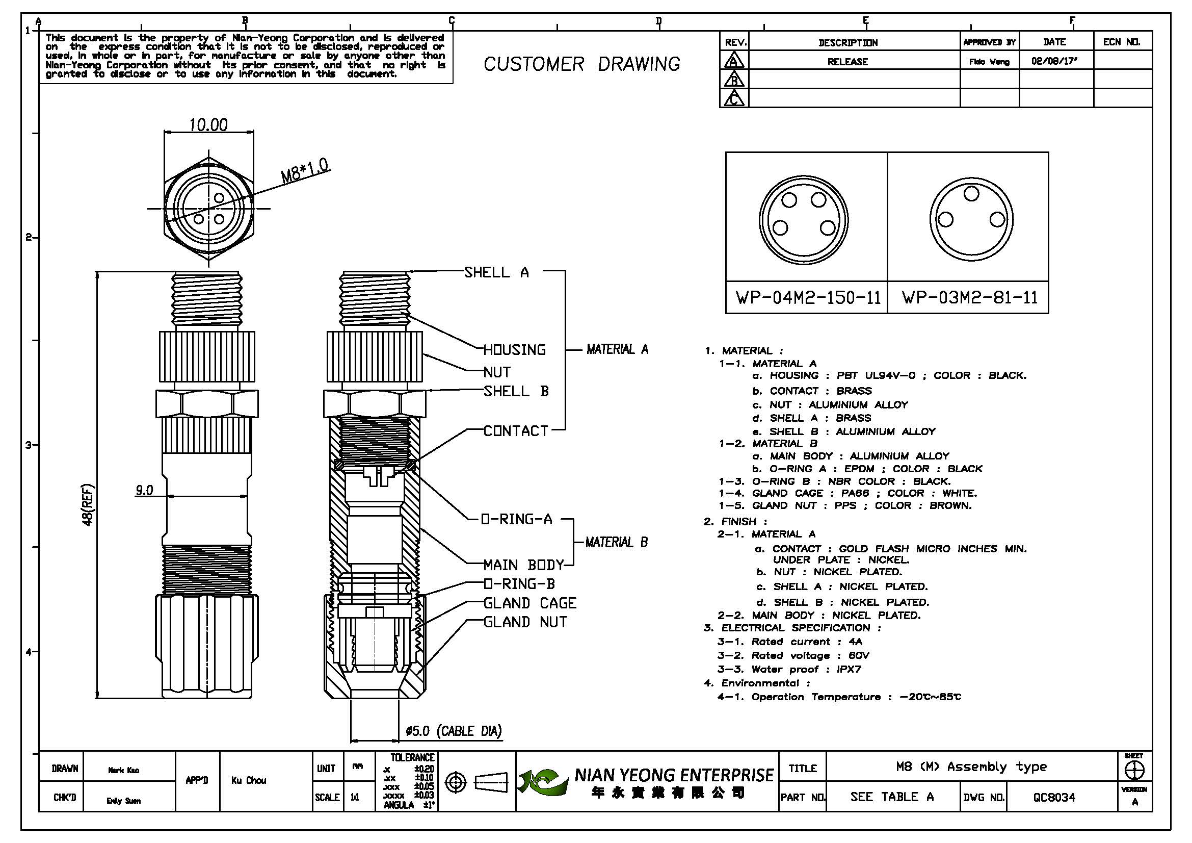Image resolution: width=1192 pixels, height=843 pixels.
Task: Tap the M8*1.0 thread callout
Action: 305,170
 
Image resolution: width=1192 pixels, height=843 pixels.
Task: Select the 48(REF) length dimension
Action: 88,504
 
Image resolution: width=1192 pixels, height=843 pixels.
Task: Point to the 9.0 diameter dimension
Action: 144,490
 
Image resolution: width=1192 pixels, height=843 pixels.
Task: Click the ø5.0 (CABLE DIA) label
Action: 453,731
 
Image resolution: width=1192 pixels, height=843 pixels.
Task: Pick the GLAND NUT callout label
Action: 525,622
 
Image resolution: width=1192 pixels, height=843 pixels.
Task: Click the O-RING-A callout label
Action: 517,519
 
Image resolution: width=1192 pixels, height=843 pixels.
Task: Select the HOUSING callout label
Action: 515,350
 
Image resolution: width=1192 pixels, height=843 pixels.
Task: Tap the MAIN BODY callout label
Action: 523,565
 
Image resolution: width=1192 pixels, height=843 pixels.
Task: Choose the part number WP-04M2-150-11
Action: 808,298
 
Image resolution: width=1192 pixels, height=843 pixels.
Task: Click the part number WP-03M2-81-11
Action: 969,298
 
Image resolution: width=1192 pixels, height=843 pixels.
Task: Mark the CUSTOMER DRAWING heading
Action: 581,64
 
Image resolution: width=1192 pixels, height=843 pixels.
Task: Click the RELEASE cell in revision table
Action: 847,62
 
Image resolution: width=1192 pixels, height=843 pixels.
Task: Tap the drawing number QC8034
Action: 1054,797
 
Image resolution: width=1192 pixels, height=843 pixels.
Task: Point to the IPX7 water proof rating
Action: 849,670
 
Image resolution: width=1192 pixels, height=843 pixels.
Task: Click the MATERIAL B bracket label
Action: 616,542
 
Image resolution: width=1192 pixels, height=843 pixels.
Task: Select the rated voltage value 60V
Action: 859,655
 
